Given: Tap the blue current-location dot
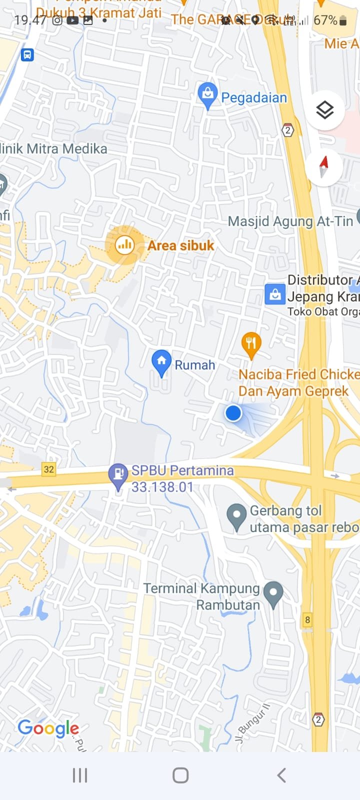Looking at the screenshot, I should [x=233, y=413].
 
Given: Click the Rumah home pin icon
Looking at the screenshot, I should [x=161, y=362].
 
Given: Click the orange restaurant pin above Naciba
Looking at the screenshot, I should [x=251, y=344].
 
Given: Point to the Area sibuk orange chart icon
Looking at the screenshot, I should [x=124, y=245].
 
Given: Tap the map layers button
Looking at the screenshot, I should [x=325, y=109].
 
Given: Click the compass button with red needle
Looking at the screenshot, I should [x=324, y=166].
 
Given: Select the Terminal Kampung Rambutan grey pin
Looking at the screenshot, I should [x=273, y=593].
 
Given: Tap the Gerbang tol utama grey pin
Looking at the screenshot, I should [x=236, y=516].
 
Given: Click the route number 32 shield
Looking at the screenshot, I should [x=48, y=469].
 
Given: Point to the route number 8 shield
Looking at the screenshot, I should [x=307, y=620].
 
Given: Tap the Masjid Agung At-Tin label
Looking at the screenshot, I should [x=290, y=221].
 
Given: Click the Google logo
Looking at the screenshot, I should [x=48, y=728].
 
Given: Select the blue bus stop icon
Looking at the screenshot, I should [x=27, y=54].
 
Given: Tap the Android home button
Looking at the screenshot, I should [x=180, y=775].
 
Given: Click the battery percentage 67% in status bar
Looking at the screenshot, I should [x=325, y=20].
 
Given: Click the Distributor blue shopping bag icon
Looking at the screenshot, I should [x=275, y=295].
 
